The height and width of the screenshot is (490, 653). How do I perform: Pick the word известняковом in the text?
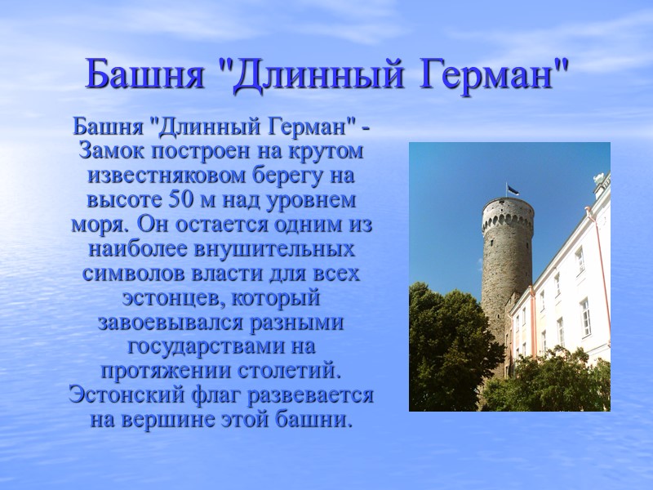pos(173,176)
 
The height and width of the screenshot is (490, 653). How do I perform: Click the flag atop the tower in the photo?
pos(512,189)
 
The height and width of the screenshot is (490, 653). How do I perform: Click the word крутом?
pos(326,153)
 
